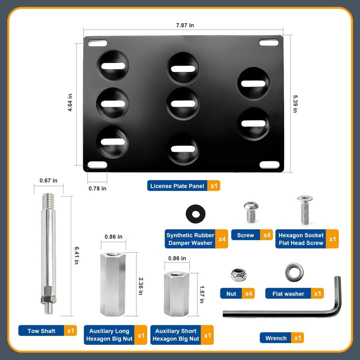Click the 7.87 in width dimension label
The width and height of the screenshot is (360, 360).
(x=185, y=25)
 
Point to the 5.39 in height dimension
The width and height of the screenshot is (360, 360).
(x=295, y=104)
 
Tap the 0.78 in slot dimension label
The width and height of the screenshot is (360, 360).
(x=97, y=188)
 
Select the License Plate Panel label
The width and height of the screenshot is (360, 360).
(x=177, y=186)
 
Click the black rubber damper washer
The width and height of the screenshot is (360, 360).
(x=196, y=214)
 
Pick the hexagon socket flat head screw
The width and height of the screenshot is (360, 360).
(x=305, y=210)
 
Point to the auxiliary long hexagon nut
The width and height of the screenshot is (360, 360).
(x=113, y=284)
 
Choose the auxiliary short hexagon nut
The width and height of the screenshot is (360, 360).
(x=176, y=294)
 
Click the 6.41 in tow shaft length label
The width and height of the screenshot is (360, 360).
(x=77, y=255)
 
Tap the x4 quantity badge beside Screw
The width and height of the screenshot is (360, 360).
(x=266, y=235)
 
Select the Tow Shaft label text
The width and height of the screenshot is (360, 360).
(x=41, y=331)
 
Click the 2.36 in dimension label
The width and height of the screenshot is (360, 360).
(x=140, y=286)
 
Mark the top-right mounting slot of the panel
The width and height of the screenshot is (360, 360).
(x=269, y=42)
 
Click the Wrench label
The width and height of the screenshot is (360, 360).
(x=276, y=338)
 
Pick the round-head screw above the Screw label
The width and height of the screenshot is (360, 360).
(x=251, y=212)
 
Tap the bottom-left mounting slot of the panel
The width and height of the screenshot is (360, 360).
(x=97, y=165)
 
